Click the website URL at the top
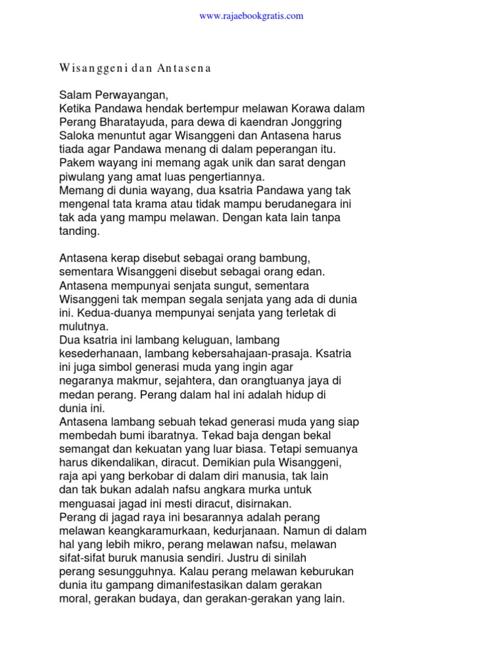(251, 16)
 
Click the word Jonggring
(316, 122)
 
